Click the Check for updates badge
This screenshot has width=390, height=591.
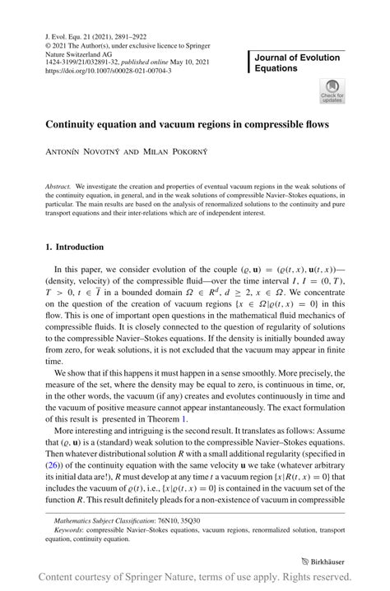(332, 91)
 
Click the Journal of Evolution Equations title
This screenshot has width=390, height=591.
(297, 62)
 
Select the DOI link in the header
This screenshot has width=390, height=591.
(109, 71)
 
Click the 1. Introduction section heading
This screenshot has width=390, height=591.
(74, 247)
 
